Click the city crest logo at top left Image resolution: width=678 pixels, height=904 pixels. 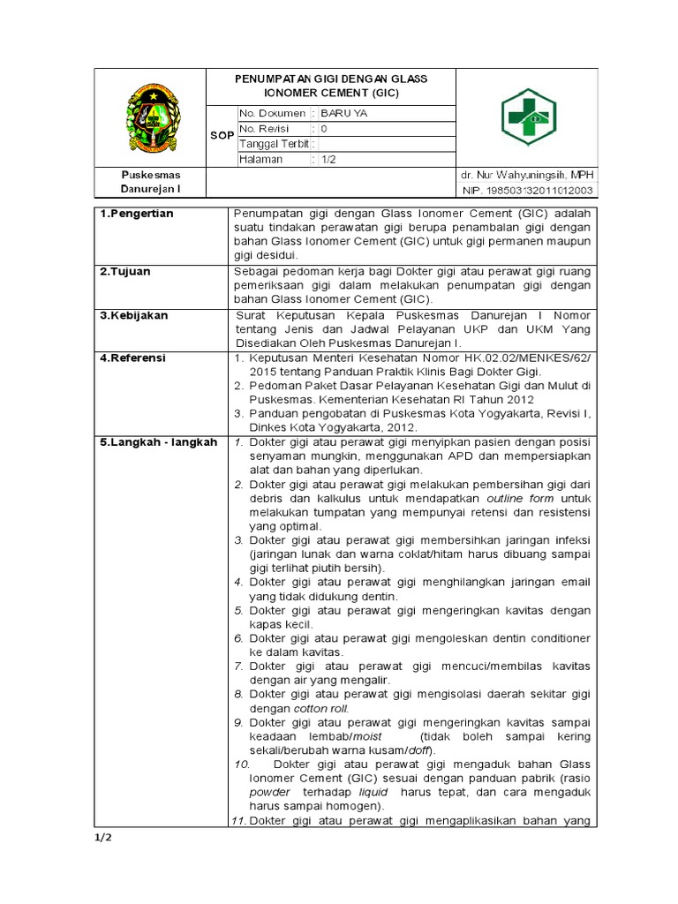[x=149, y=117]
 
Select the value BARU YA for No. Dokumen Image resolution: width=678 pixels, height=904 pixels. [x=349, y=114]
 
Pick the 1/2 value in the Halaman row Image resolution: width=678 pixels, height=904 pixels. [x=328, y=159]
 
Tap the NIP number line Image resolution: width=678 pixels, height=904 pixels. [x=528, y=191]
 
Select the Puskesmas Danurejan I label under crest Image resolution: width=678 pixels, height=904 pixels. [x=150, y=183]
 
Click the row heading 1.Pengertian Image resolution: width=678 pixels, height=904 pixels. [x=136, y=214]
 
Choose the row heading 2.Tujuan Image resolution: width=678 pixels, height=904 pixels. [x=126, y=271]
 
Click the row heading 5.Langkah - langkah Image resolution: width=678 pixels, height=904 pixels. [x=157, y=442]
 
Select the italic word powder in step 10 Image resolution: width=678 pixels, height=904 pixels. [x=269, y=792]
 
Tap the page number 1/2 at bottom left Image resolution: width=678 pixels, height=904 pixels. [x=105, y=836]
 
